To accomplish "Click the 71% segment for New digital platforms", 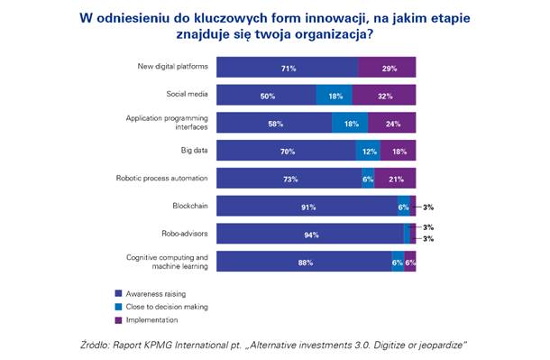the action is (287, 67).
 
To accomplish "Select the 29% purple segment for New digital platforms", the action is (387, 67).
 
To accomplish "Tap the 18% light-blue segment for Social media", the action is (335, 95).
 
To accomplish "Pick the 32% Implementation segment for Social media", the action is (384, 95).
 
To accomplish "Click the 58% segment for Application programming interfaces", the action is (274, 123).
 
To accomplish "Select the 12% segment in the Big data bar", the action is (368, 150).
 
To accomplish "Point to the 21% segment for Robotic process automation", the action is (395, 178).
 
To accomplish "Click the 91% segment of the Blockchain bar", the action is (307, 206).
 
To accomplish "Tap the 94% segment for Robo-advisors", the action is (310, 234).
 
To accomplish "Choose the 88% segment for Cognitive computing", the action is (304, 261).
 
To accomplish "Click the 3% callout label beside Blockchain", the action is (428, 208).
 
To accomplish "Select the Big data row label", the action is (195, 150).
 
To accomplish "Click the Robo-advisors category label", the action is (185, 234).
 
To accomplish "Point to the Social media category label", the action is (187, 94).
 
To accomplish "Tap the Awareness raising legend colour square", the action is (118, 293).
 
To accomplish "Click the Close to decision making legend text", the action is (167, 307).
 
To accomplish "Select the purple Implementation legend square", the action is (118, 320).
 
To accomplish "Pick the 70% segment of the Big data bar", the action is (286, 150).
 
